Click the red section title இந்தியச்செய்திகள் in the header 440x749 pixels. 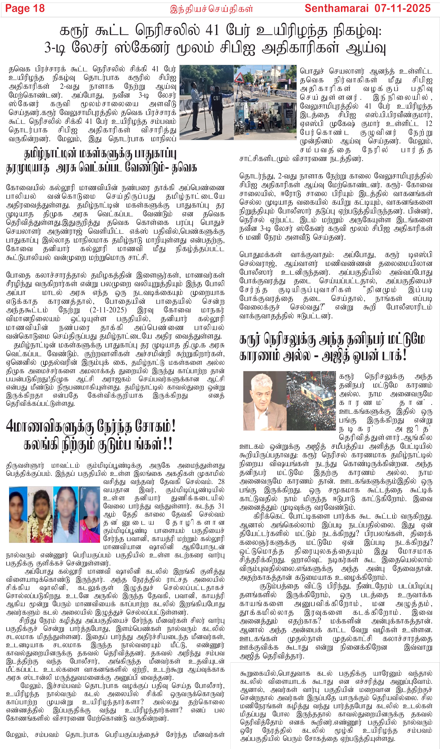coord(211,9)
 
